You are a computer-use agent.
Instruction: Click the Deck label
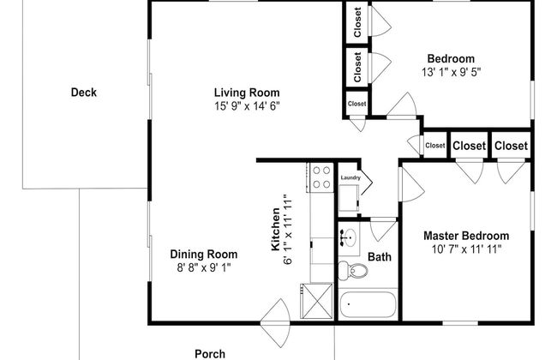(x=84, y=93)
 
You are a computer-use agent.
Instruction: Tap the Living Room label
(x=247, y=93)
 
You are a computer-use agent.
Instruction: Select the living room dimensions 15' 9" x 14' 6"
(x=247, y=106)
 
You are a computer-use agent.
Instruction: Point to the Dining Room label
(x=204, y=254)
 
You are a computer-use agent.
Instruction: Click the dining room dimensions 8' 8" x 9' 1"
(x=204, y=267)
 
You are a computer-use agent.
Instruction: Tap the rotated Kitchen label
(x=276, y=229)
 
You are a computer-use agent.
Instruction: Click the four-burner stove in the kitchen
(x=320, y=177)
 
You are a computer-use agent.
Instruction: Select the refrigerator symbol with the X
(x=317, y=301)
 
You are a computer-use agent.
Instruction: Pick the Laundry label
(x=350, y=177)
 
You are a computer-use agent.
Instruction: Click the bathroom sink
(x=349, y=237)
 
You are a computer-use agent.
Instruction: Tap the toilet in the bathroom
(x=352, y=271)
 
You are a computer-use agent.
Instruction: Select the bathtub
(x=368, y=305)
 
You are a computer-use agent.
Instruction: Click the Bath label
(x=380, y=256)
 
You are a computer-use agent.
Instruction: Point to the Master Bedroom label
(x=466, y=236)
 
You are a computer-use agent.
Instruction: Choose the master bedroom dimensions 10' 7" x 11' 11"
(x=466, y=249)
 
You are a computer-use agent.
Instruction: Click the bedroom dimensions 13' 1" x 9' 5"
(x=451, y=72)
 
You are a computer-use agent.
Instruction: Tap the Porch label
(x=210, y=354)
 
